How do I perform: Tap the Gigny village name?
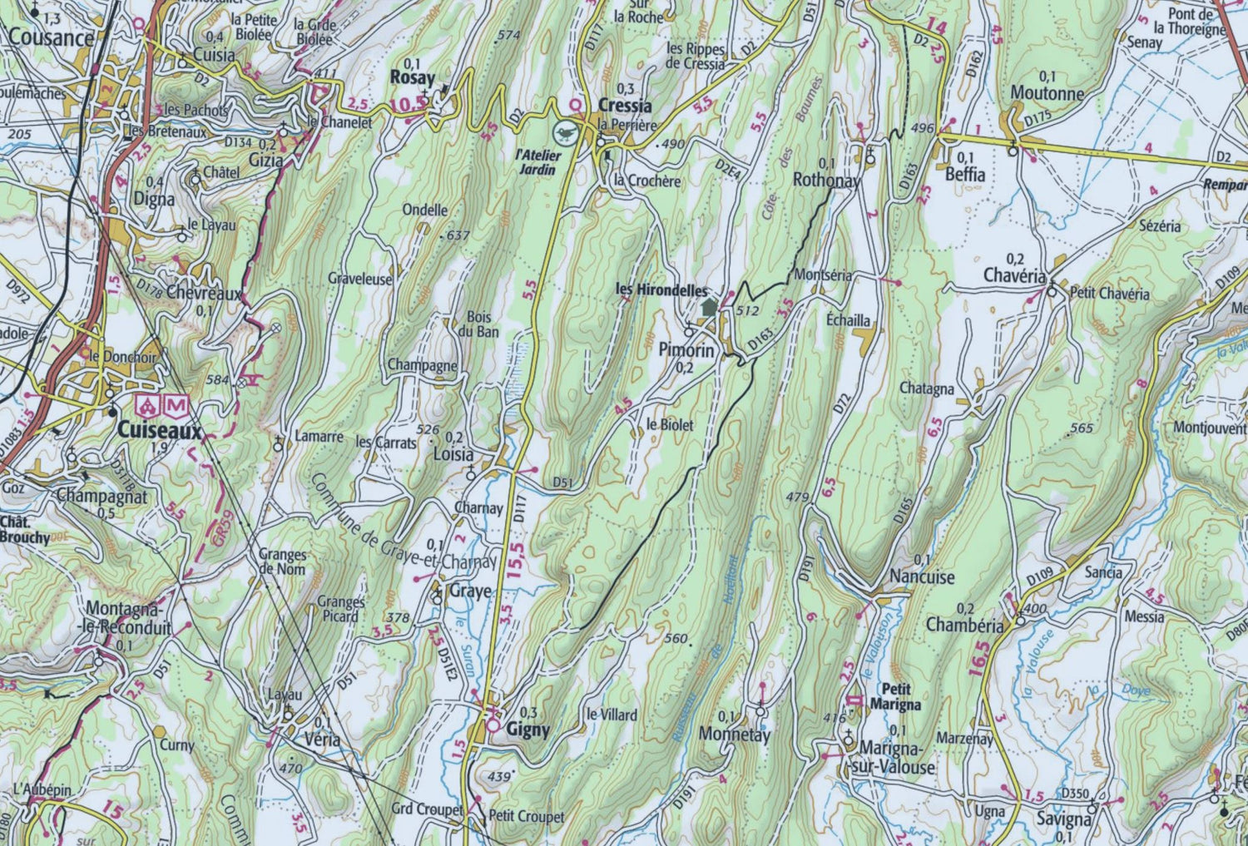click(528, 730)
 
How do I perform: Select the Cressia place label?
click(624, 106)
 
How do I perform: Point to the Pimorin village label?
click(686, 350)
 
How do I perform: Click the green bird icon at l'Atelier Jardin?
click(564, 131)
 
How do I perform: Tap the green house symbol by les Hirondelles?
click(708, 307)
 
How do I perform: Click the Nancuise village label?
click(922, 576)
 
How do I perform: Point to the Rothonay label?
click(826, 179)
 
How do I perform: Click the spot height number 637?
click(458, 235)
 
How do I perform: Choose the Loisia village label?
click(453, 455)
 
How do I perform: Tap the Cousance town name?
click(52, 38)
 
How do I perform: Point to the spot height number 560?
click(676, 639)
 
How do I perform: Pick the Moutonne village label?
click(1047, 93)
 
